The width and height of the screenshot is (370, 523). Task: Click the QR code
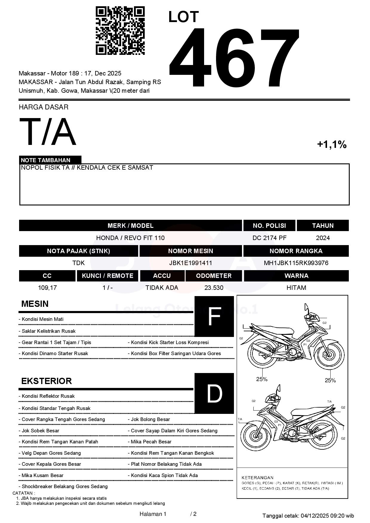120,31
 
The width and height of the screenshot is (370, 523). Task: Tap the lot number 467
234,58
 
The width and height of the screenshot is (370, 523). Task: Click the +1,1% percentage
332,145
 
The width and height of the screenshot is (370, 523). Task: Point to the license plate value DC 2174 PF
269,238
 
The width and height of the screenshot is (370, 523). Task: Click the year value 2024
323,238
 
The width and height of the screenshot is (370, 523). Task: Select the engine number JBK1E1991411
190,263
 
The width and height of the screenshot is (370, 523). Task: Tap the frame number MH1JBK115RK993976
296,263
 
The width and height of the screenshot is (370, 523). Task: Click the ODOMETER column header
214,276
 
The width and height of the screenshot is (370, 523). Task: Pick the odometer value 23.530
214,288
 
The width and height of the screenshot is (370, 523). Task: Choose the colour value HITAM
296,288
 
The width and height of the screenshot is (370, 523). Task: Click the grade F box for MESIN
214,316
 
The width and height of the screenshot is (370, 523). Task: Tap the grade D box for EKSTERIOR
214,393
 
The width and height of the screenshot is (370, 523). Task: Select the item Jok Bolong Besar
150,420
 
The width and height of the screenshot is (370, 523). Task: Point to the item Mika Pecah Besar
151,442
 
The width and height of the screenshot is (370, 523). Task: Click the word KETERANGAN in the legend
257,478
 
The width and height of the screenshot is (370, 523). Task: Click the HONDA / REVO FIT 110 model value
130,238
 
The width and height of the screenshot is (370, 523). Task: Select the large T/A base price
48,132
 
